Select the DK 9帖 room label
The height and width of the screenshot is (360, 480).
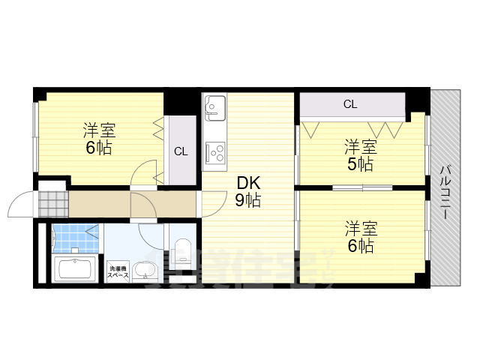[248, 191]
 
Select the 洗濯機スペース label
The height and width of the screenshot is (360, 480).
[118, 271]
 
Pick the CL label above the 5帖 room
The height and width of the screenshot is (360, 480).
[350, 104]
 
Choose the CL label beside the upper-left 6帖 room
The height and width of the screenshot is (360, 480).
[180, 151]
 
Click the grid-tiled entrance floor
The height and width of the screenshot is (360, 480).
[53, 202]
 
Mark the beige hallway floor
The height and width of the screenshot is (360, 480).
[127, 202]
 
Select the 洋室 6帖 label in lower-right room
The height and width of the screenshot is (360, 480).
[360, 235]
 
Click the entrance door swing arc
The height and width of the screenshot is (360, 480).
[20, 199]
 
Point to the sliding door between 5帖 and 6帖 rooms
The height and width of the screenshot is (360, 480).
[362, 187]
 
